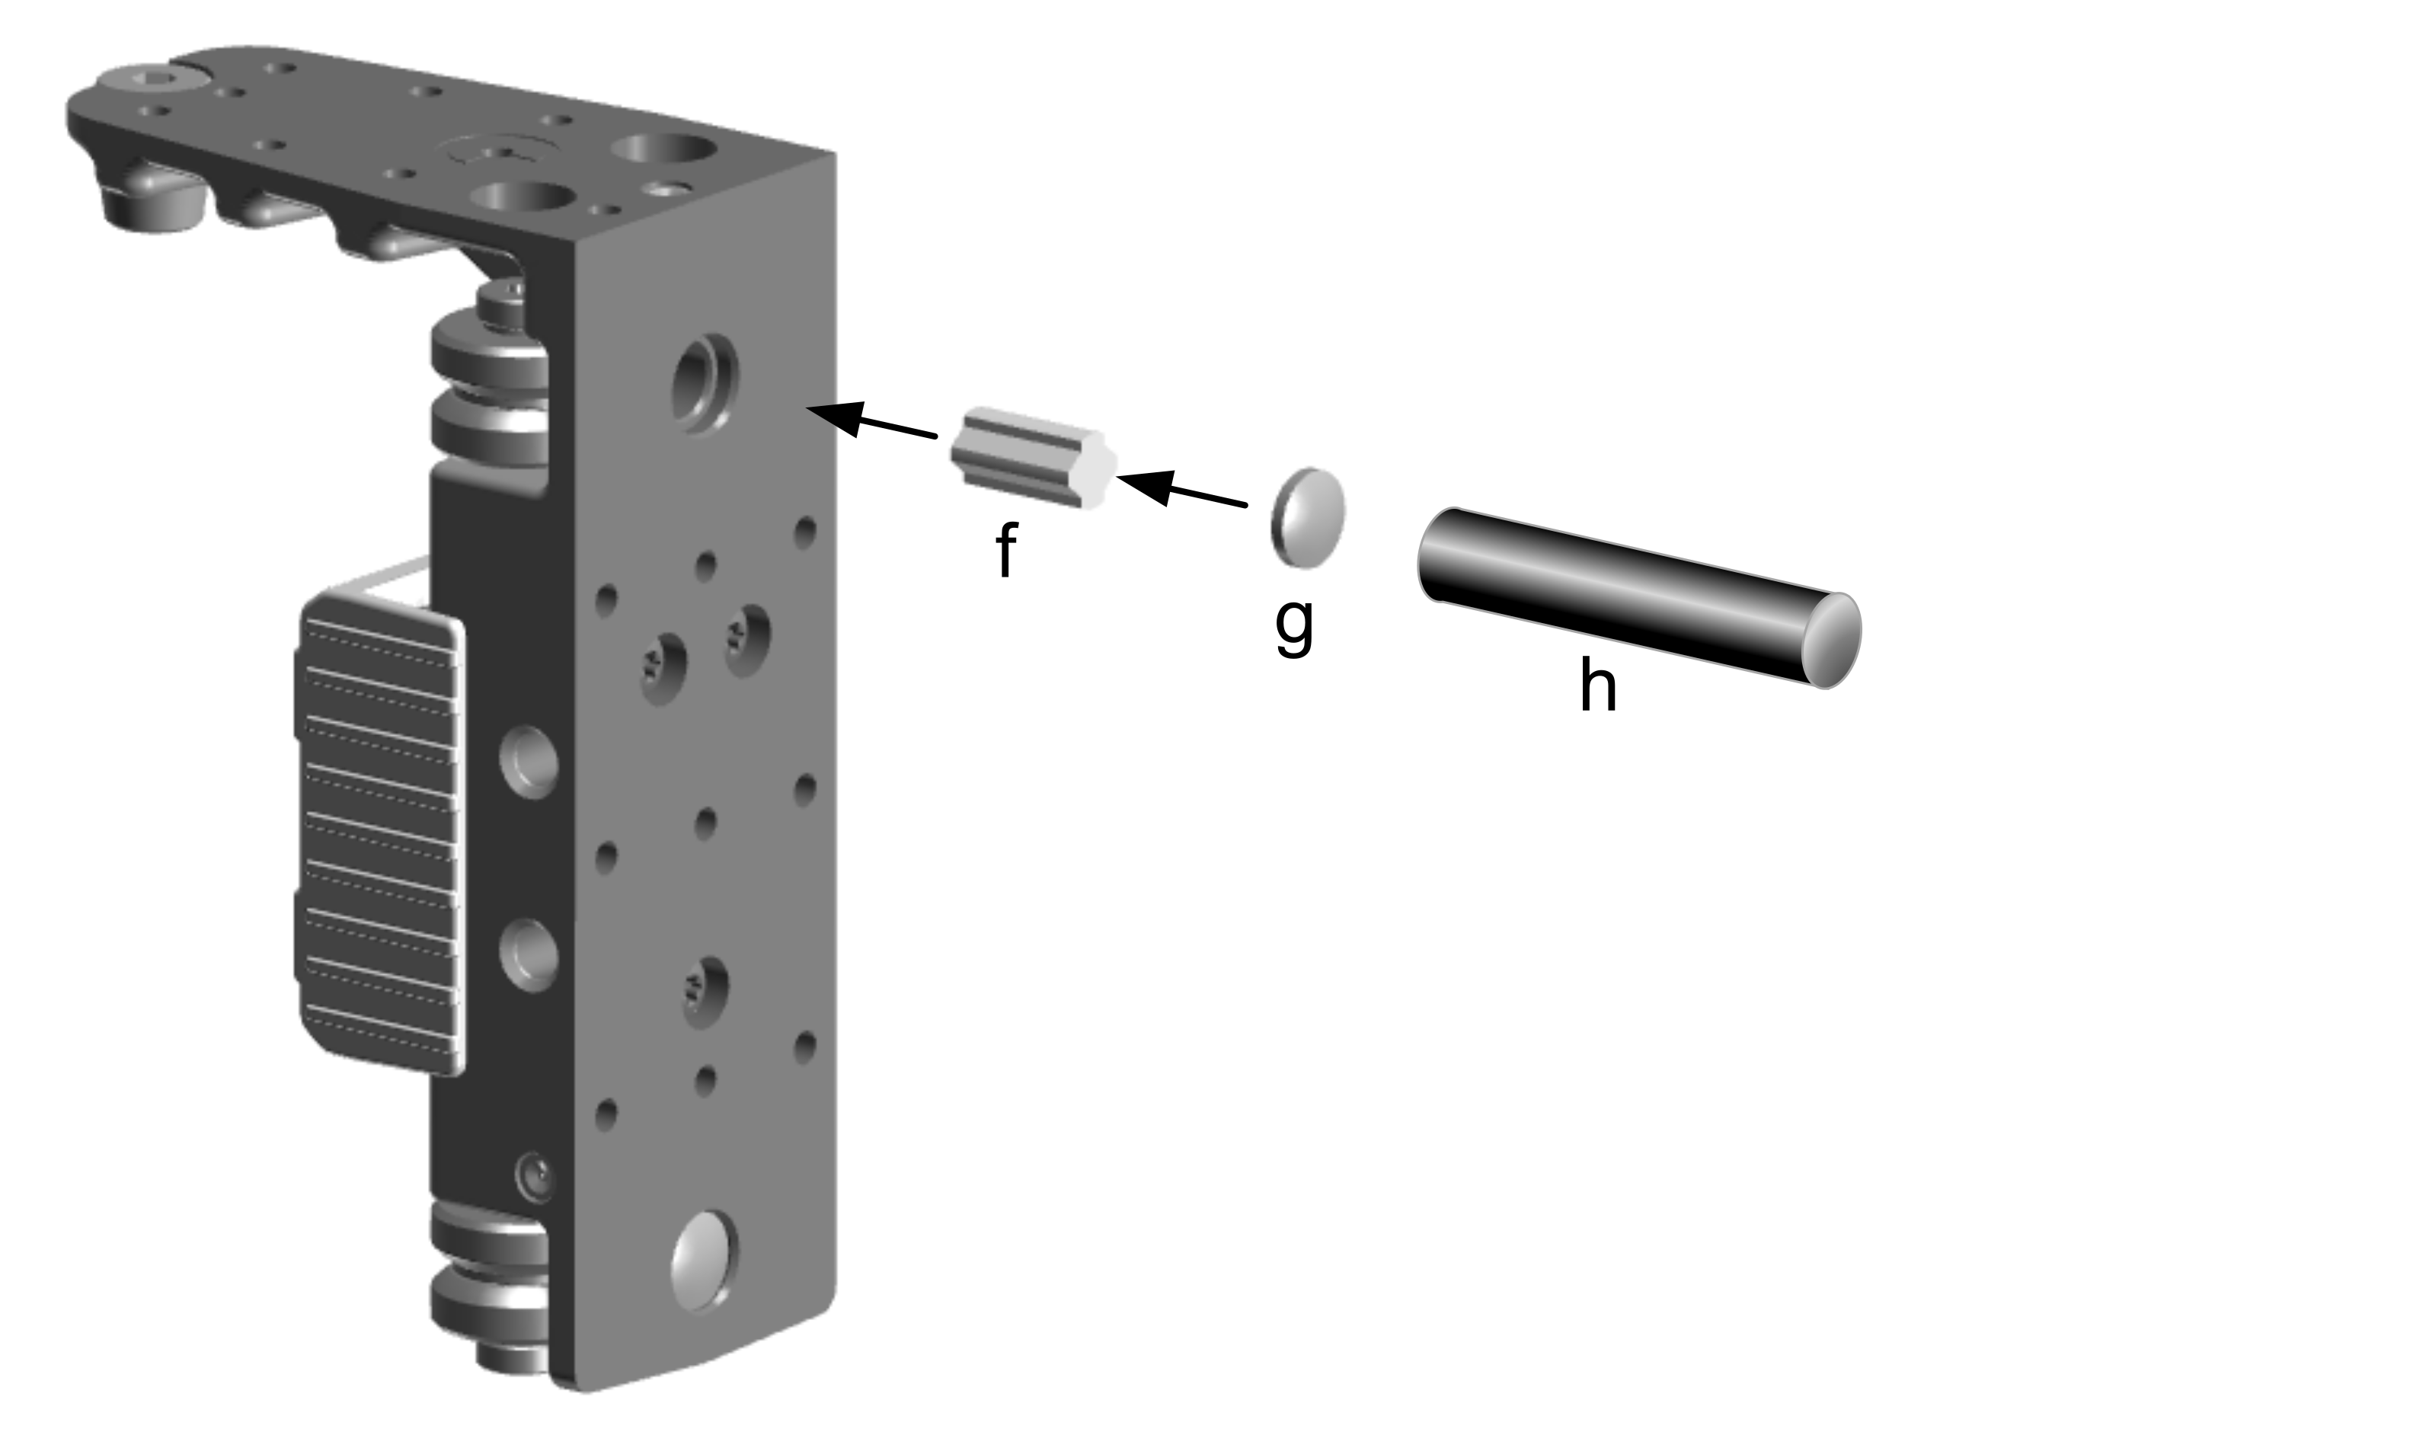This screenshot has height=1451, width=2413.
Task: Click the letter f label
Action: [x=1006, y=549]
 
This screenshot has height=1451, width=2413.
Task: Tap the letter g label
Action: [x=1295, y=627]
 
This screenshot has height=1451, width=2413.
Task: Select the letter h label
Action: [x=1597, y=683]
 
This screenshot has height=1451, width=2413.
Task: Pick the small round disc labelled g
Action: [x=1307, y=517]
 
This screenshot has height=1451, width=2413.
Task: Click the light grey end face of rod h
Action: [x=1831, y=641]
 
